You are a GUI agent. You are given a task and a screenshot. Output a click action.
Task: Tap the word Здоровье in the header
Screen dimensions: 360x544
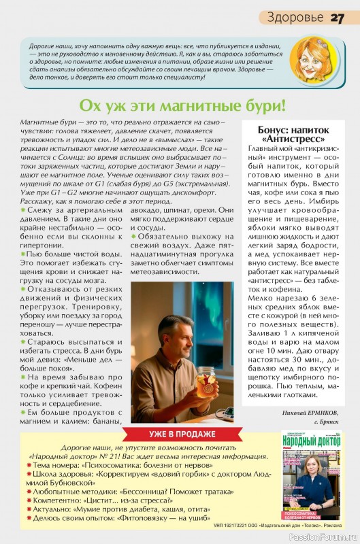(x=295, y=16)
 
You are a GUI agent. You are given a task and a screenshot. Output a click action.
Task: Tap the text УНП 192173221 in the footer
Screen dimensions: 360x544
(x=233, y=526)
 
